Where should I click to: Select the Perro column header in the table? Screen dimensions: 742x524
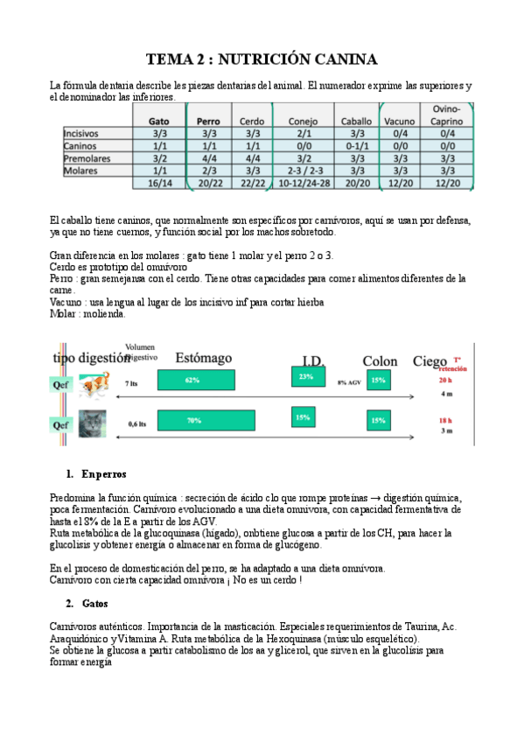coord(208,121)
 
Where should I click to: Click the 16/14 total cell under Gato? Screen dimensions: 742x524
coord(159,184)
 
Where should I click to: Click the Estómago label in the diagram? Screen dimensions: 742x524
coord(203,358)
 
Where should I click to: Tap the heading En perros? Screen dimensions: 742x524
coord(104,473)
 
